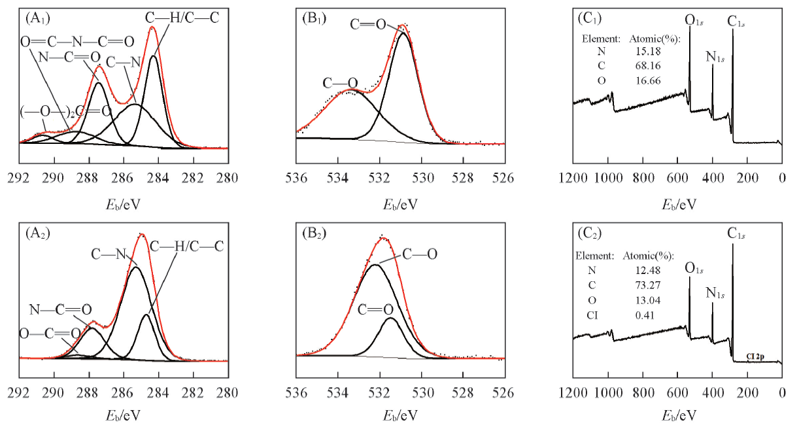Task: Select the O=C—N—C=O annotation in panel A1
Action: [77, 42]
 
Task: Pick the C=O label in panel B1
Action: [369, 25]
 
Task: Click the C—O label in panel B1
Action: [341, 82]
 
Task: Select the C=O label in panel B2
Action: [375, 309]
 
